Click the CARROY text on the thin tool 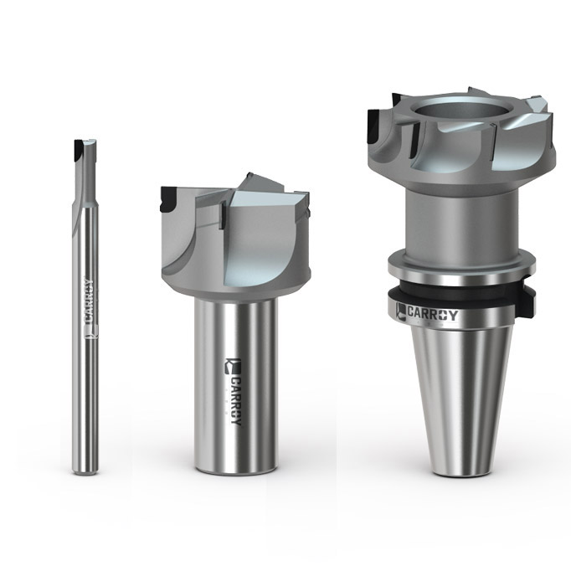89,301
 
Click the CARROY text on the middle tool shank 235,401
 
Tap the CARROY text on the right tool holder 432,314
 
